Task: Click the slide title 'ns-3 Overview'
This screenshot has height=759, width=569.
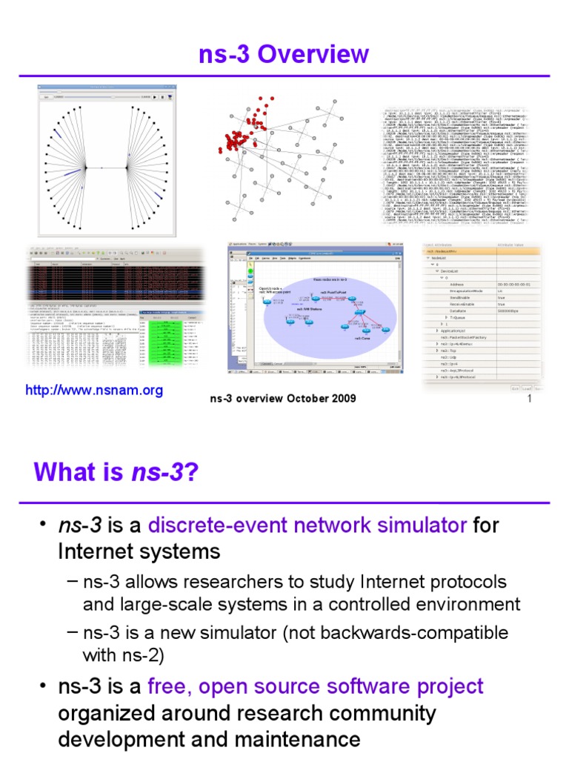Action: coord(284,54)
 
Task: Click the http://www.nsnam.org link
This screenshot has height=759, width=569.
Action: coord(94,390)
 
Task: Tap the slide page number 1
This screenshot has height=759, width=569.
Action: coord(530,399)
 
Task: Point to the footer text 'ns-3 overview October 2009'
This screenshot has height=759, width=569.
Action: coord(283,399)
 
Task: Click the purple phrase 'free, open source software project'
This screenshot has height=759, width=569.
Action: coord(316,686)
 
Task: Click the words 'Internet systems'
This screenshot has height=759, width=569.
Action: coord(139,552)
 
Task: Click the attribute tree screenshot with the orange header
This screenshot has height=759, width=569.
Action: coord(482,311)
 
